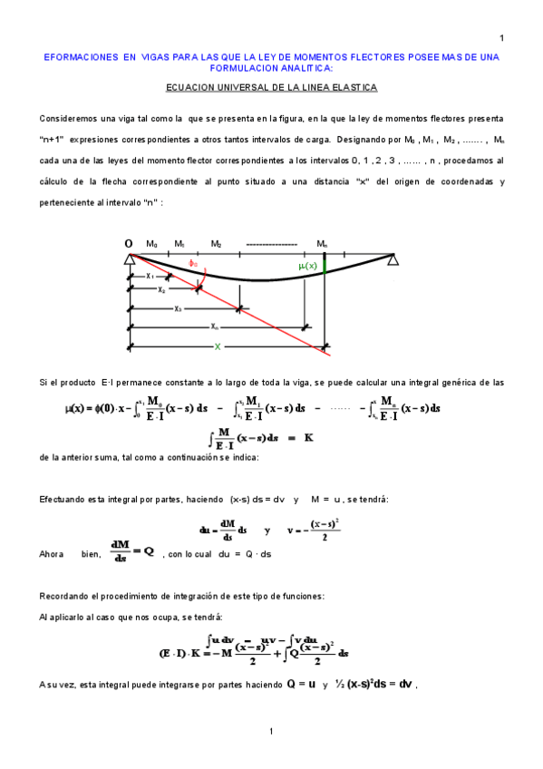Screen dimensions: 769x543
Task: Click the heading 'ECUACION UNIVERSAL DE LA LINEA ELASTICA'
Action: (x=271, y=88)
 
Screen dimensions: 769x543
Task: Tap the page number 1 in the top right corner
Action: (x=501, y=37)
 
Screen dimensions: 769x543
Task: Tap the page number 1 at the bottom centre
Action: (x=271, y=731)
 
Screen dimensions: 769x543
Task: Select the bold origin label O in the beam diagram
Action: (x=129, y=244)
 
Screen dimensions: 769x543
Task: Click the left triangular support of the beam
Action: (x=130, y=259)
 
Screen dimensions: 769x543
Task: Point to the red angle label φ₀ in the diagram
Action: (x=192, y=263)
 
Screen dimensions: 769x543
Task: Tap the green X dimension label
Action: (x=217, y=346)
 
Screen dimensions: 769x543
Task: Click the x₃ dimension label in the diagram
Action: (x=178, y=308)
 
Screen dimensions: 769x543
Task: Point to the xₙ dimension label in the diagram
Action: (x=214, y=326)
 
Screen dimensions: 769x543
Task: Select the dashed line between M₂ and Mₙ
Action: (x=271, y=245)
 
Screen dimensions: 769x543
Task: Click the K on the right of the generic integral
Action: (x=308, y=437)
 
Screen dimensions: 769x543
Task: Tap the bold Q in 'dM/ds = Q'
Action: (x=149, y=550)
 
